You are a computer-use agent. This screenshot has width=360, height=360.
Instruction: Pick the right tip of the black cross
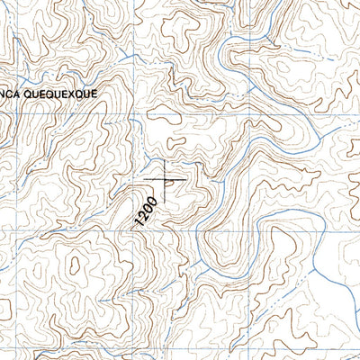click(x=186, y=179)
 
